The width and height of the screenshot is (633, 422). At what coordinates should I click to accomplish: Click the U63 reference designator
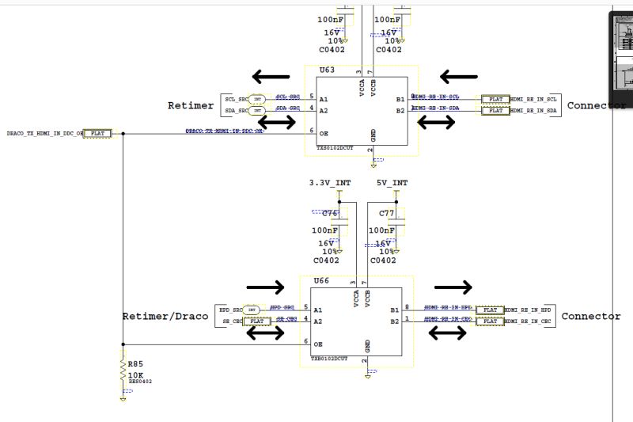point(327,70)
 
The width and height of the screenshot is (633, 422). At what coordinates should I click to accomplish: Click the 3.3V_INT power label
point(330,183)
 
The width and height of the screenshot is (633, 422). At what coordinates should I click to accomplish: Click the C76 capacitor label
point(329,214)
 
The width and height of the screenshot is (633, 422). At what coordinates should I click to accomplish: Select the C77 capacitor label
point(387,214)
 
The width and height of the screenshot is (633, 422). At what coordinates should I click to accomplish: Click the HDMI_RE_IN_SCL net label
point(536,99)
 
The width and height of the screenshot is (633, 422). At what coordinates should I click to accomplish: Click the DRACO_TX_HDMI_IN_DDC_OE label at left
point(44,133)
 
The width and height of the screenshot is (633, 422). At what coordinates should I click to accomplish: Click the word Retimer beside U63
point(191,105)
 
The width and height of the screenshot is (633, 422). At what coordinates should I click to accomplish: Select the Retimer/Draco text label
point(165,317)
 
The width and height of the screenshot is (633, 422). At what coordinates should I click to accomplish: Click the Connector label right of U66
point(591,317)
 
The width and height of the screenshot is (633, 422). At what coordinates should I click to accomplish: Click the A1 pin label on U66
point(317,310)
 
